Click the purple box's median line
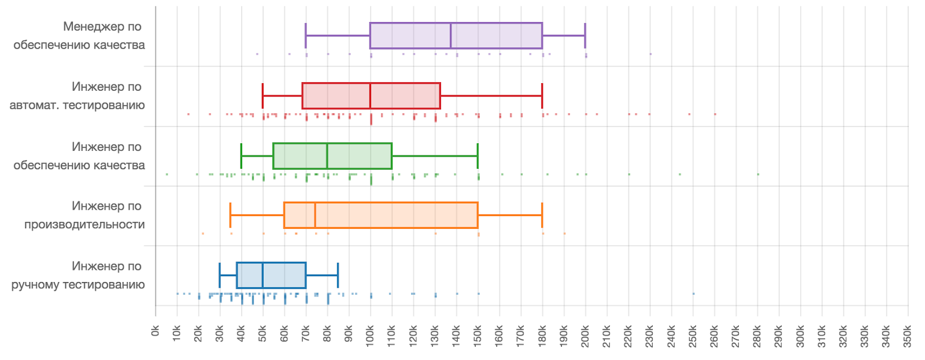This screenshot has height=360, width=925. pos(450,36)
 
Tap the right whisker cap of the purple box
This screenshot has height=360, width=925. pos(585,36)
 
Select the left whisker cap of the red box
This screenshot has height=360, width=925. pos(262,96)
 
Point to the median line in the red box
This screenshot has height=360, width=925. pos(370,96)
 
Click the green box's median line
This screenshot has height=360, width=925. pos(327,156)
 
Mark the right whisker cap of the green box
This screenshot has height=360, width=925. pos(478,156)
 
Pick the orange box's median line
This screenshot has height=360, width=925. pos(315,215)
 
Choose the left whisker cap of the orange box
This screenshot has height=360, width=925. pos(230,215)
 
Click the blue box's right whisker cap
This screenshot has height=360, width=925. pos(338,275)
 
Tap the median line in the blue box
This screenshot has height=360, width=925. pos(262,275)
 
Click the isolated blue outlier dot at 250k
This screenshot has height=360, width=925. pos(693,294)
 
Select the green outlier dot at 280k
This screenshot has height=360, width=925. pos(758,174)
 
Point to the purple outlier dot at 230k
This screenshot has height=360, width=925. pos(650,54)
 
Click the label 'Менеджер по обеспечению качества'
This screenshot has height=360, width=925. pos(79,36)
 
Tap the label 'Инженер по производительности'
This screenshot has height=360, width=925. pos(84,215)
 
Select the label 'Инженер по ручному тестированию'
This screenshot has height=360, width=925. pos(79,275)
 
